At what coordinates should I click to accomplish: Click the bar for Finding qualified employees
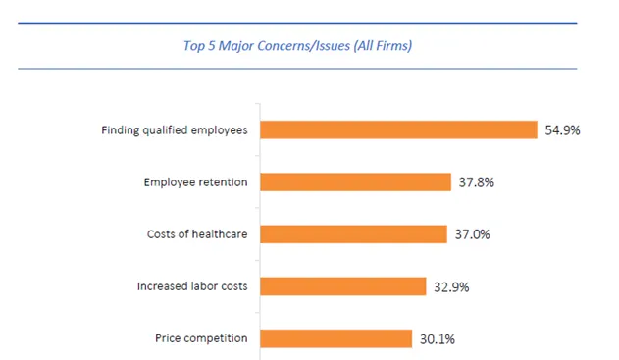(398, 130)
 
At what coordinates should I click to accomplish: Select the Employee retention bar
(354, 182)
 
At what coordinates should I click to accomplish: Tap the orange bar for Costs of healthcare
(352, 234)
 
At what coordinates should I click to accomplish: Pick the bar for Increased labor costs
(342, 286)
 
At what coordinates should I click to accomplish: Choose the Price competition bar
(335, 338)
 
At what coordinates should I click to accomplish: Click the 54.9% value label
(562, 130)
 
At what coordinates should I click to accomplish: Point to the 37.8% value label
(476, 182)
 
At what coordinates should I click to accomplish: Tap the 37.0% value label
(471, 234)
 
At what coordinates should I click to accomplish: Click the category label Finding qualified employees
(174, 130)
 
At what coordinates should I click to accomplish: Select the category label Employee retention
(195, 182)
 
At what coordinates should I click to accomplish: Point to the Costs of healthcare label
(196, 234)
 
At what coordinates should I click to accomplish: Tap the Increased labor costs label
(191, 286)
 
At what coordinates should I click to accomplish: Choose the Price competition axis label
(201, 338)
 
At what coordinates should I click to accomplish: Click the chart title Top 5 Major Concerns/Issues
(296, 45)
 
